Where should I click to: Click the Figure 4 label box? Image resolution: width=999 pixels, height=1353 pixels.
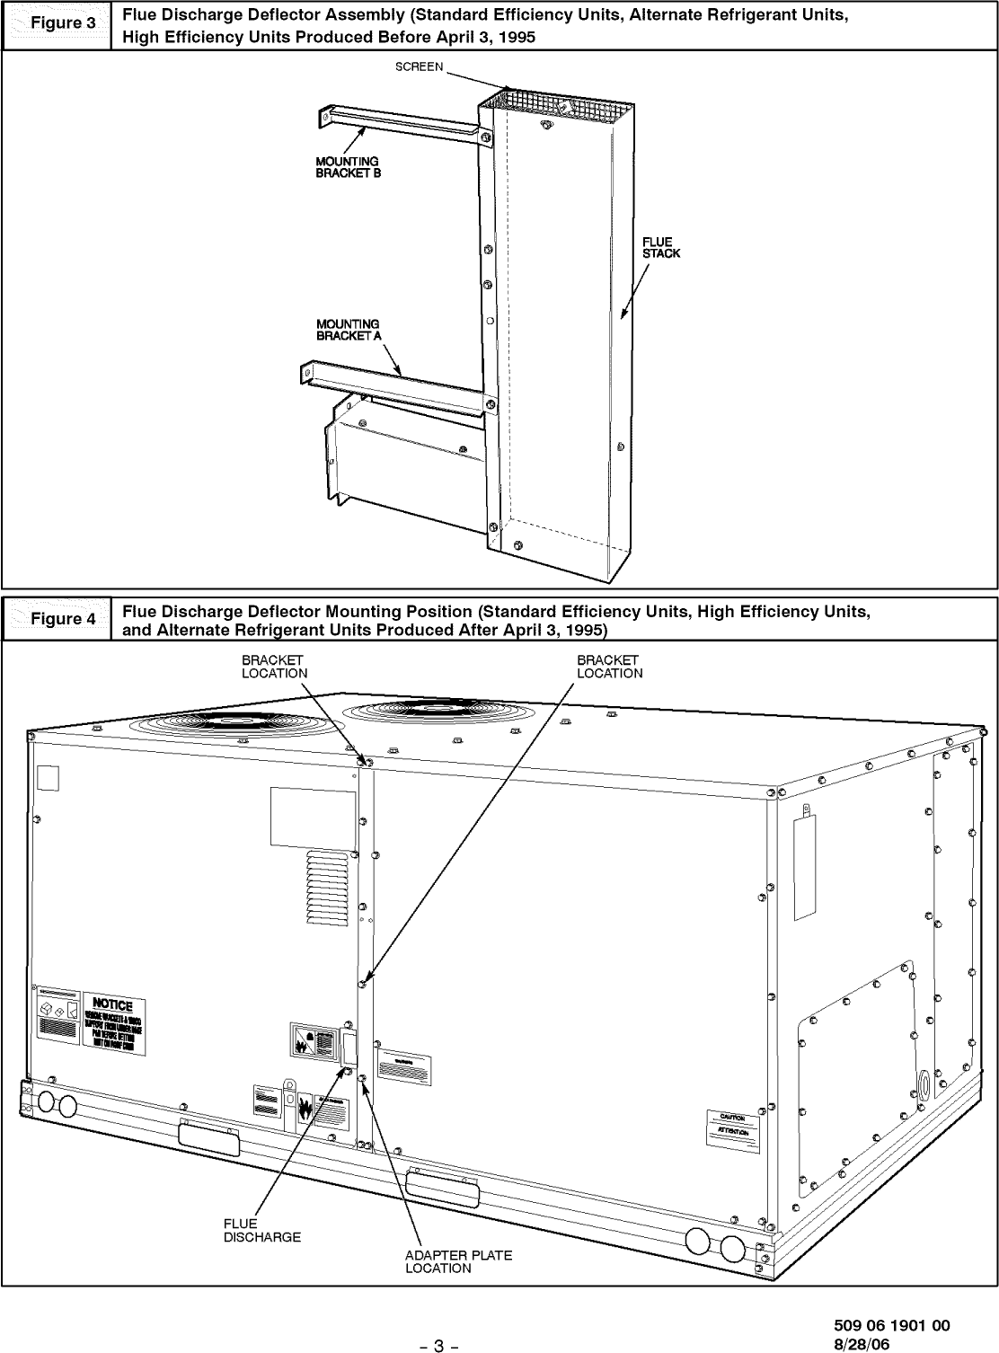(57, 619)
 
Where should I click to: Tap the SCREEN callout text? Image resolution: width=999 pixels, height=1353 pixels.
(419, 69)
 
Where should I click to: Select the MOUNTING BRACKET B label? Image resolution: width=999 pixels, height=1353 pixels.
(348, 167)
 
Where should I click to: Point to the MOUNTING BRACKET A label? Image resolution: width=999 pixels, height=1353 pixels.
(348, 330)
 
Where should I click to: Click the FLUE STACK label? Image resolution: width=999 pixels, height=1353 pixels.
(660, 247)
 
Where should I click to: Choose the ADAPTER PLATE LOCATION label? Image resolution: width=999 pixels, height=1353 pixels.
(457, 1261)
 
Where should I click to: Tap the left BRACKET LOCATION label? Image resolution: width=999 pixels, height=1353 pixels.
(274, 667)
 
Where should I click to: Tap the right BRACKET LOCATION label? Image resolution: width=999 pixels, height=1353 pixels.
(609, 667)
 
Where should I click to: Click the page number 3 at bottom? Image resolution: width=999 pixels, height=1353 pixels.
(438, 1345)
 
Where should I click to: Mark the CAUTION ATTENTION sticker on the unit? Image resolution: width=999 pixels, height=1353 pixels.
(732, 1124)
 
